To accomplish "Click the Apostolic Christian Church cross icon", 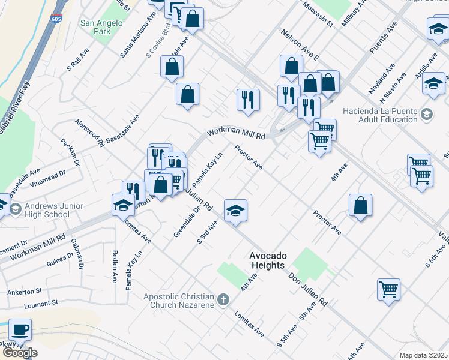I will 223,298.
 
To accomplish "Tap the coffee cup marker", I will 20,329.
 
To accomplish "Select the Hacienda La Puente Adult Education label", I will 379,115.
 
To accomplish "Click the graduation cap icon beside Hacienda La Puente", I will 426,114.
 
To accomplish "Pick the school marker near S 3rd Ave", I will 236,210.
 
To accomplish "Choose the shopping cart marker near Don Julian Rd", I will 388,290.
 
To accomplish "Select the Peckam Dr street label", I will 70,152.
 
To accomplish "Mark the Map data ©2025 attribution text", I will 423,355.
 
